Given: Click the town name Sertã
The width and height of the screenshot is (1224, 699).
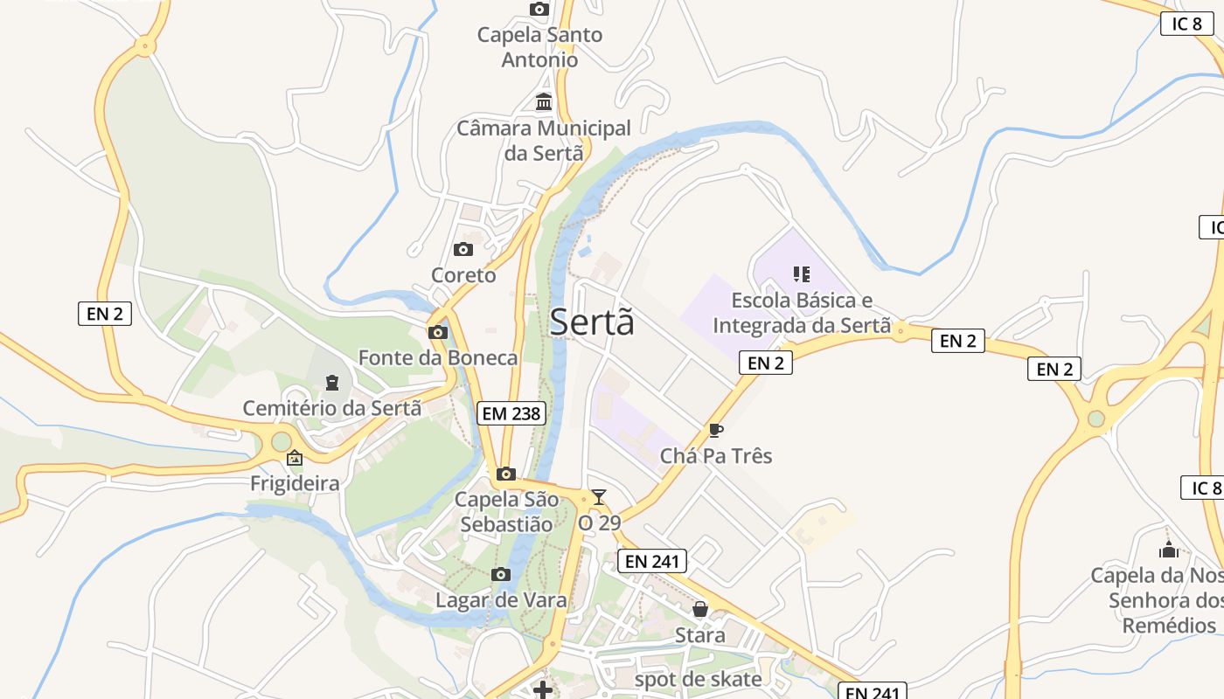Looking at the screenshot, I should pos(592,322).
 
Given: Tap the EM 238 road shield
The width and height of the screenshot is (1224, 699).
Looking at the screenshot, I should pos(511,413).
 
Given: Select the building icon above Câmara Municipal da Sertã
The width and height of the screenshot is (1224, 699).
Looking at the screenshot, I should pos(544,102).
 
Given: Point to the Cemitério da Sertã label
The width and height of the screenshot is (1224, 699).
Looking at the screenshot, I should pos(331,408).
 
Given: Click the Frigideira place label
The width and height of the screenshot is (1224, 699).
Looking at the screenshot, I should pos(295,483).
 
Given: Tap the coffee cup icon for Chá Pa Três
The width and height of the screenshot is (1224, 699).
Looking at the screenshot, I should pos(715,430).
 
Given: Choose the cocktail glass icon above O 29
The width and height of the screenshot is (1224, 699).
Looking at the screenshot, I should pos(599,497).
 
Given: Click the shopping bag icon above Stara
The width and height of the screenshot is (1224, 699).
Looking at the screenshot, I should pos(700,609).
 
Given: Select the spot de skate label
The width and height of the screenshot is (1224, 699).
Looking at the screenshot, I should pos(698,679).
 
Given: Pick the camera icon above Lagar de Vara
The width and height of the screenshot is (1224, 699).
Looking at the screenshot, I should pos(501,574).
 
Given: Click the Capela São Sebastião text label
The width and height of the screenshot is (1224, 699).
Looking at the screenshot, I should pos(506,512).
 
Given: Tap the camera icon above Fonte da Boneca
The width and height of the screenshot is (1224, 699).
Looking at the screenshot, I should pos(438,332).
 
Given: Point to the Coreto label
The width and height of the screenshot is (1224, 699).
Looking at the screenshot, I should pos(463,275).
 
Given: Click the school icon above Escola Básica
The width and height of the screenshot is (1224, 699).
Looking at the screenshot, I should pos(801,274).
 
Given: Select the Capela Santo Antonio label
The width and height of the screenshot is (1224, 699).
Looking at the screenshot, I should pos(539,47).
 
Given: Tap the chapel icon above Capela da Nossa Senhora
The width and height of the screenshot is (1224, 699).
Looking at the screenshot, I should pos(1168,550).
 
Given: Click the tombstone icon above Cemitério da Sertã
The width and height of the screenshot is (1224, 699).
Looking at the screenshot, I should pos(331,382).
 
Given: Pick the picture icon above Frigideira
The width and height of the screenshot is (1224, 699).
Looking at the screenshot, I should pos(295,457).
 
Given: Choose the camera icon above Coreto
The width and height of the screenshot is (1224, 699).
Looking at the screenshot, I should pos(463,250).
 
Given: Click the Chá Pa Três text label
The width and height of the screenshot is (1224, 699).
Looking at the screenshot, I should pos(716,456).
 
